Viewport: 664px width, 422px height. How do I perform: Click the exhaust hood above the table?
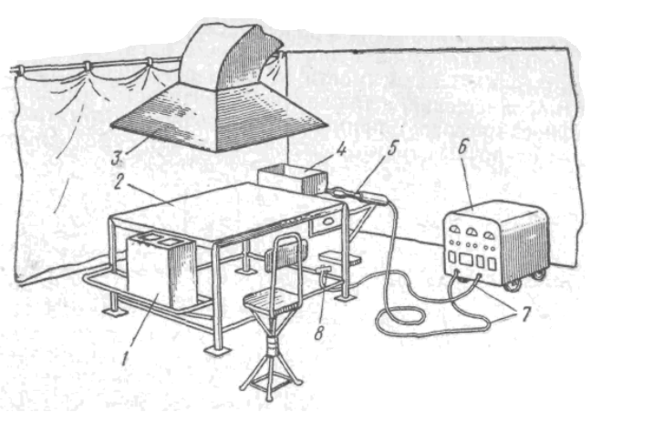click(x=223, y=100)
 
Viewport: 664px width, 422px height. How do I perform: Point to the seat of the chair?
click(x=273, y=296)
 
